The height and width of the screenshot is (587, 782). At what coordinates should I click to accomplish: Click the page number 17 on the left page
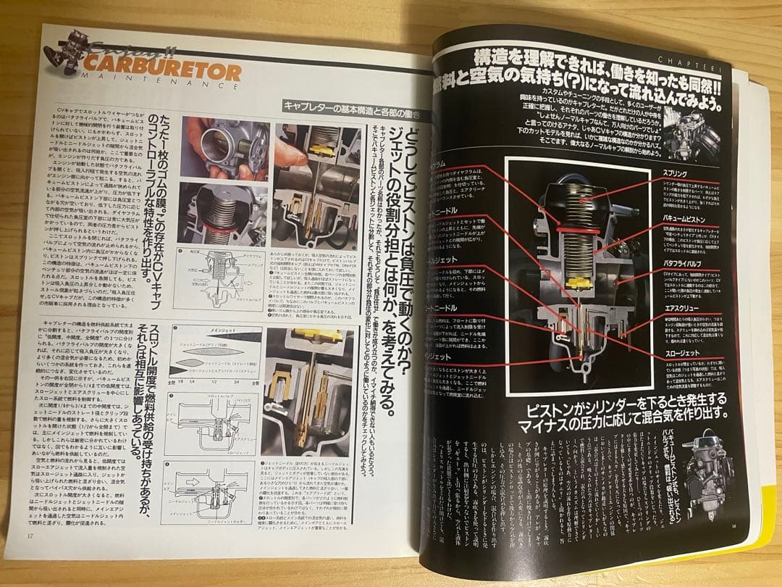click(30, 536)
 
